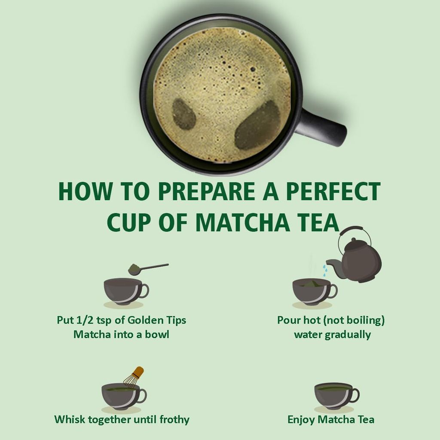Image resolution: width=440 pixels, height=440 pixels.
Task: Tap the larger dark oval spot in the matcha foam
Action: coord(257,125)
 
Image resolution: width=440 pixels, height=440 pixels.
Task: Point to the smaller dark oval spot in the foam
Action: coord(184,114)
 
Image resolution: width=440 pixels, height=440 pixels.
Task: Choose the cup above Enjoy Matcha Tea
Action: coord(336,394)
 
